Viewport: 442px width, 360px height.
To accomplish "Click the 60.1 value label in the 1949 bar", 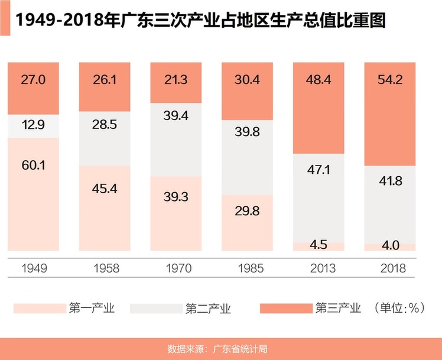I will [33, 166].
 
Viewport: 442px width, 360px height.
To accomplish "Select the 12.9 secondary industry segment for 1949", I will [33, 125].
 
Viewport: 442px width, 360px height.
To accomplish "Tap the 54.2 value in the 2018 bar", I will [390, 80].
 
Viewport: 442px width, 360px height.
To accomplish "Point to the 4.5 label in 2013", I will [318, 245].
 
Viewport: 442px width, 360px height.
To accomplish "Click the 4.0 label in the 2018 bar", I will [390, 245].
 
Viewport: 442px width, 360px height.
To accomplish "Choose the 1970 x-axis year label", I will [175, 268].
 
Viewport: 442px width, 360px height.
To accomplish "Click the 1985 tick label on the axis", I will [247, 268].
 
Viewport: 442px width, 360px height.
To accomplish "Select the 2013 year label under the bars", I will [318, 268].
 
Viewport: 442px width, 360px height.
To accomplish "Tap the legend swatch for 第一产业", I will [37, 308].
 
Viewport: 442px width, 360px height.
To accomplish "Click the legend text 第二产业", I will [208, 308].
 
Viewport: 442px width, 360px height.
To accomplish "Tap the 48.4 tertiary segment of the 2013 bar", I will [318, 79].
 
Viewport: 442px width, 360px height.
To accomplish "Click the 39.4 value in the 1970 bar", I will [175, 115].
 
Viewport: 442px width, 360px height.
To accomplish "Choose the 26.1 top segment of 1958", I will [105, 79].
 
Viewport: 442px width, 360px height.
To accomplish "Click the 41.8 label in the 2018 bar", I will [390, 181].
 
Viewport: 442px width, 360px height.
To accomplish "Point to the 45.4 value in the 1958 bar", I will [105, 190].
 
